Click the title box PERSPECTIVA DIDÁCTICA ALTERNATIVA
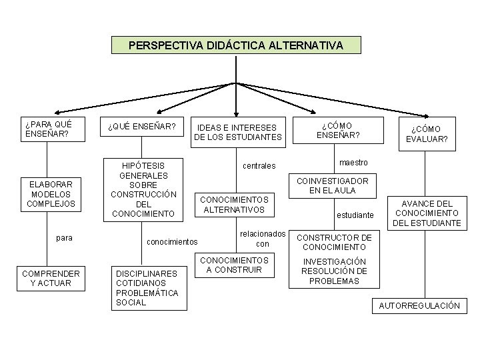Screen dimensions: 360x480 [x=236, y=45]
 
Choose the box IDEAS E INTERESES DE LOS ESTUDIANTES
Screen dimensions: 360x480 [x=238, y=132]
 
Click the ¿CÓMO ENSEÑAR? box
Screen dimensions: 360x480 [x=338, y=130]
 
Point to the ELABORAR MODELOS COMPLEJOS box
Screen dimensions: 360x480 [x=51, y=193]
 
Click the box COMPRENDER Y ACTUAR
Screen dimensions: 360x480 [x=51, y=279]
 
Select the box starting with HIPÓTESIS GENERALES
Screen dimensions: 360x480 [x=143, y=189]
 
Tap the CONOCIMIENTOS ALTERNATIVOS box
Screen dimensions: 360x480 [x=234, y=204]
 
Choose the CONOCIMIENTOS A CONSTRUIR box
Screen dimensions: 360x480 [x=234, y=265]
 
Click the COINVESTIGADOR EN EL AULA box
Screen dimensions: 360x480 [x=332, y=185]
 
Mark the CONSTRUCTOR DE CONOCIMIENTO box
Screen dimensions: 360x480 [x=334, y=242]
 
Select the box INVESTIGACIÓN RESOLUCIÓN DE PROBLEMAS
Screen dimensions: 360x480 [x=334, y=271]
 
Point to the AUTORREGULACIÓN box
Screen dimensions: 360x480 [x=419, y=305]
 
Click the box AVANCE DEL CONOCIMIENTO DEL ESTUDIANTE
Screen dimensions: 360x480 [x=427, y=213]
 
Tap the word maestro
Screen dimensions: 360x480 [x=353, y=163]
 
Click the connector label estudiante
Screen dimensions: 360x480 [x=355, y=215]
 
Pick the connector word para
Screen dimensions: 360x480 [x=65, y=238]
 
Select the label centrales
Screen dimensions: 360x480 [x=259, y=165]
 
